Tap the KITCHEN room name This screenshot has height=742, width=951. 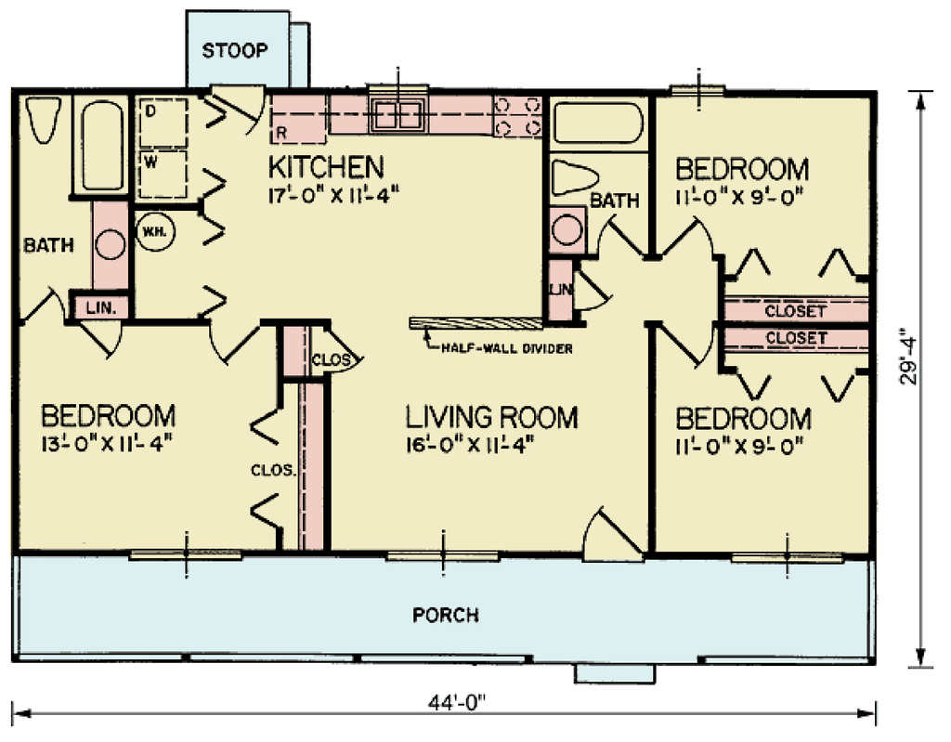click(x=325, y=167)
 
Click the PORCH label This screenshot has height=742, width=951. click(x=446, y=615)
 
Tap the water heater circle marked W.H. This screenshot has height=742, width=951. click(x=153, y=230)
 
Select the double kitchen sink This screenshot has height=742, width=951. click(x=398, y=115)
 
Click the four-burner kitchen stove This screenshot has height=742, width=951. click(x=517, y=117)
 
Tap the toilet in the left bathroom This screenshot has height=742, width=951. click(x=42, y=120)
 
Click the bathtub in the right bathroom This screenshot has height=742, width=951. click(x=597, y=123)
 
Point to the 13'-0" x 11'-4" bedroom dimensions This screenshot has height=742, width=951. click(x=107, y=440)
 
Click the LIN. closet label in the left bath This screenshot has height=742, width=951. click(x=98, y=307)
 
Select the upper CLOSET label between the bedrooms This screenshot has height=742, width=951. click(x=795, y=311)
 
